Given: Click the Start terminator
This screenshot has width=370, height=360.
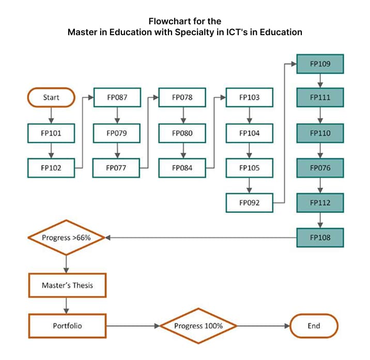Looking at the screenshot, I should tap(51, 97).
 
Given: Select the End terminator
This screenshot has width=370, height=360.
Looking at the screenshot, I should tap(314, 326).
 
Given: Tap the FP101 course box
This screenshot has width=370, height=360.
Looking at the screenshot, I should tap(51, 133).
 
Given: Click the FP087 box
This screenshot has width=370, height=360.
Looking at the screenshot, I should tap(117, 97).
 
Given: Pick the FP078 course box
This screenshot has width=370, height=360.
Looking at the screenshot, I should tap(182, 97).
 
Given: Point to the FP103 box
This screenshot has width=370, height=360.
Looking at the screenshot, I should tap(249, 97).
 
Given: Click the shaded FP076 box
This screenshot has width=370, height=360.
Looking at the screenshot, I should tap(320, 168).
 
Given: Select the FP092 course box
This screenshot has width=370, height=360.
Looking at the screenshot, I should tap(249, 203).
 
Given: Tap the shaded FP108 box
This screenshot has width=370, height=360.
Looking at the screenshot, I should tap(320, 238).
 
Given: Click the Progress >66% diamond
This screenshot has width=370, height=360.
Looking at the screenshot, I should tap(66, 238).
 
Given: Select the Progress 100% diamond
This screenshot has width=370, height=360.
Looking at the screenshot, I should tap(198, 326).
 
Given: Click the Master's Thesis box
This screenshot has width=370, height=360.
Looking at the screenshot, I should tap(67, 285).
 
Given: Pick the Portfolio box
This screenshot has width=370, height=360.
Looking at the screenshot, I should tap(67, 326).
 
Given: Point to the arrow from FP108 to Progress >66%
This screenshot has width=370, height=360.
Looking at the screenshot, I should tap(202, 238).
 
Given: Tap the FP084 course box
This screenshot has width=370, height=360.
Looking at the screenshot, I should tap(182, 168).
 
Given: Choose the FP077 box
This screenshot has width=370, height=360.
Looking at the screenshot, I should tap(117, 168).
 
